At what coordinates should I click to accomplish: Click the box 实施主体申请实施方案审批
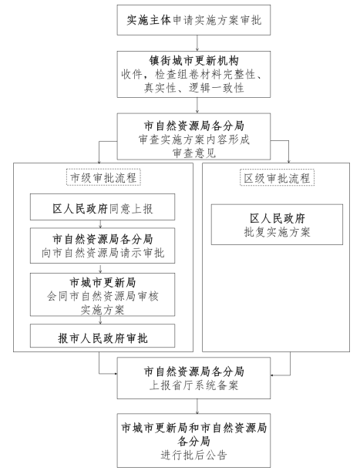click(193, 20)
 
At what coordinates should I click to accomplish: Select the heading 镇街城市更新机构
click(193, 61)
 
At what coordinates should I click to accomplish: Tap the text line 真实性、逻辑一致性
click(193, 88)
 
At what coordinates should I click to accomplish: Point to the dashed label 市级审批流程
click(103, 177)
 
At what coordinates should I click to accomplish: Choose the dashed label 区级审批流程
click(278, 178)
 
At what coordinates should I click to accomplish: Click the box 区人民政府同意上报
click(103, 207)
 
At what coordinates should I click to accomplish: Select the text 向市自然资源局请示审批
click(103, 253)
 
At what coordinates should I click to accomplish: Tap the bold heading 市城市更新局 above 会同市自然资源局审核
click(103, 283)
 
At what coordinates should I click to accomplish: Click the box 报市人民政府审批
click(103, 336)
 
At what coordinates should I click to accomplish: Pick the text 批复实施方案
click(278, 232)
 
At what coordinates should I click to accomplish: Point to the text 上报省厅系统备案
click(193, 385)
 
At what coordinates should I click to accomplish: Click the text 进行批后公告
click(193, 455)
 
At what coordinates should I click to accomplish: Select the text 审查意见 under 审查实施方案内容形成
click(193, 153)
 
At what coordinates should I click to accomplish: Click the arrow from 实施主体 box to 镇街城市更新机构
click(197, 43)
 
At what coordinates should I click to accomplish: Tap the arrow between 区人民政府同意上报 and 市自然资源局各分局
click(101, 224)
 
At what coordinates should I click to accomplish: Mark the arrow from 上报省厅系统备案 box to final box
click(197, 406)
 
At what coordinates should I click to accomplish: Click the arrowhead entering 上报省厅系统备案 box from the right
click(272, 375)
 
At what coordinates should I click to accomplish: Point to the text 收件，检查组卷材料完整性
click(192, 74)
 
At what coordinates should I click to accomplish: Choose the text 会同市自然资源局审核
click(103, 296)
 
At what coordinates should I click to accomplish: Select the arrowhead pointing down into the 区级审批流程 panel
click(288, 161)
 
